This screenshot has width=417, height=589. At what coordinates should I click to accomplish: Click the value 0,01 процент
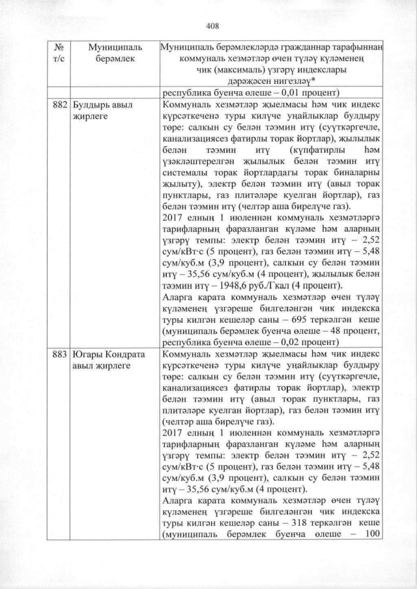(x=286, y=92)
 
